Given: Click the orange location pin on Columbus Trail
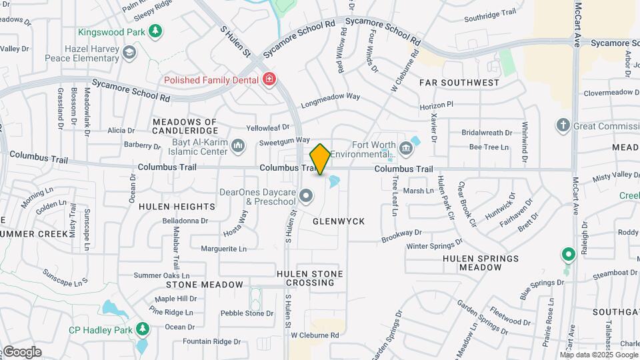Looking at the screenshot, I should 321,159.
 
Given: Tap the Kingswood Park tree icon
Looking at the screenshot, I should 155,31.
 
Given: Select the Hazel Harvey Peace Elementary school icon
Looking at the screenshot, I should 129,53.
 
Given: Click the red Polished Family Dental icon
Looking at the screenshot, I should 269,80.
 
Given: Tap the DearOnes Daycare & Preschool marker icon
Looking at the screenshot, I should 306,195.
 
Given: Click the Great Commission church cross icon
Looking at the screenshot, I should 563,125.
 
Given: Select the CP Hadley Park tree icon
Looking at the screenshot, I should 142,329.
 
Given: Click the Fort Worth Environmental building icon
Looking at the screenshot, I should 406,147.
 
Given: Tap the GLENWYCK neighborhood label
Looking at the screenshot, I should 339,221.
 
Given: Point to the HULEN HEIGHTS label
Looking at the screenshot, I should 177,207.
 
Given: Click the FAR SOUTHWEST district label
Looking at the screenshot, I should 459,83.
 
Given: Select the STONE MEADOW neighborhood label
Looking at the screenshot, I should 205,285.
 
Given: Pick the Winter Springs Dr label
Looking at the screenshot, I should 434,245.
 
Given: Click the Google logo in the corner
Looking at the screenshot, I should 21,352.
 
